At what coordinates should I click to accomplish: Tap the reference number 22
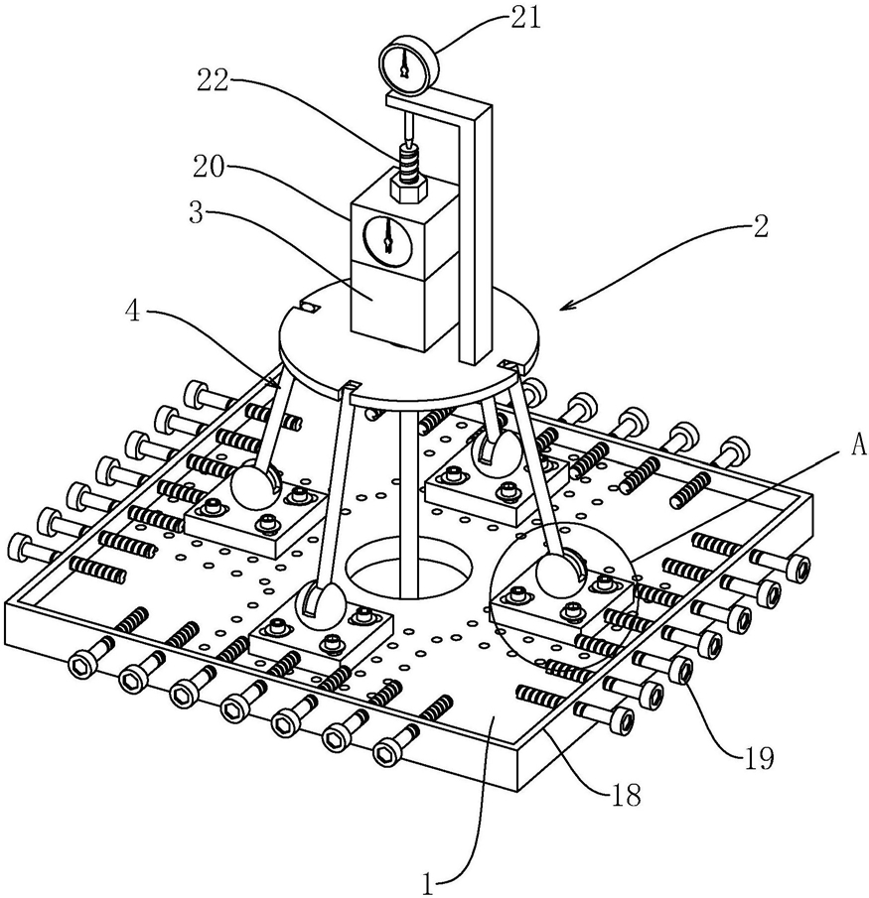pos(213,79)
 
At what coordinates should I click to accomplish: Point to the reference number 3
pos(197,212)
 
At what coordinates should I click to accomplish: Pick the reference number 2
pos(760,227)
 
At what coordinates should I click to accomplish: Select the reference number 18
pos(625,796)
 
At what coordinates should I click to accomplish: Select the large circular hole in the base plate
pos(408,571)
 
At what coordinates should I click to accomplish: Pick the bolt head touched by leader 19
pos(680,670)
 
